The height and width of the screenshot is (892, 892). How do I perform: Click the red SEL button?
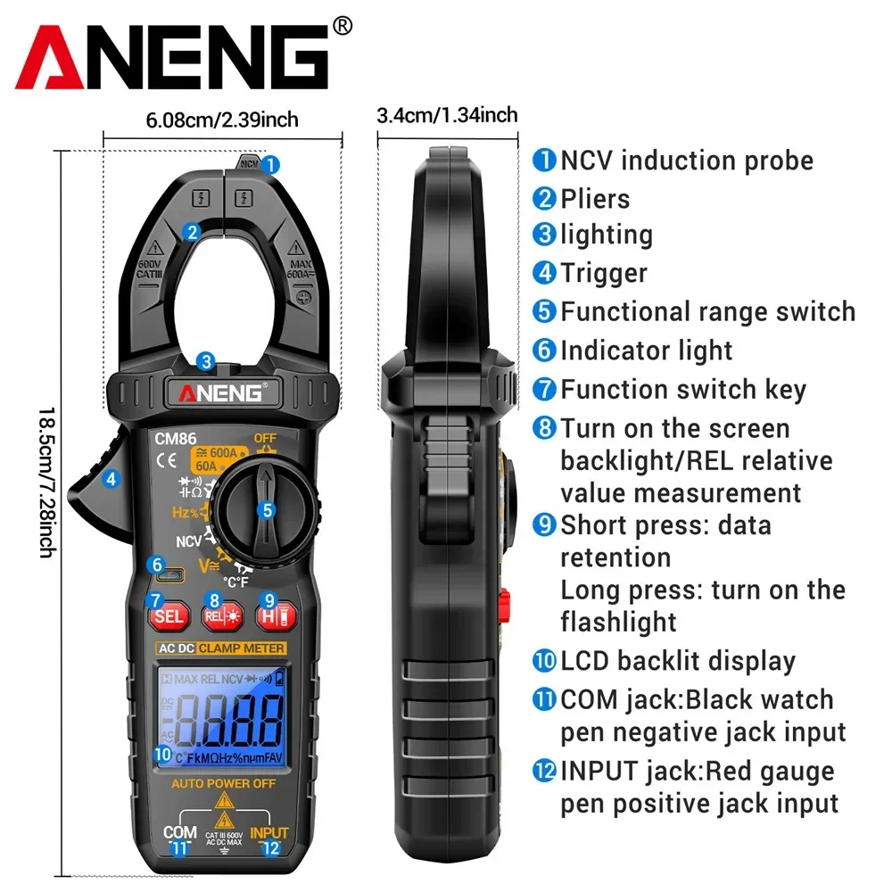point(168,615)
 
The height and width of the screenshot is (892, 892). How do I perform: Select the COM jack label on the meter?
point(180,833)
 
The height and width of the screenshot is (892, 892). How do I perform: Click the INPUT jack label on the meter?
point(269,833)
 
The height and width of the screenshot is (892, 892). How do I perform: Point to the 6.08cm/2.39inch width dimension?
point(222,119)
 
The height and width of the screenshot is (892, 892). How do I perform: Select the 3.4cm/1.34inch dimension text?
point(447,115)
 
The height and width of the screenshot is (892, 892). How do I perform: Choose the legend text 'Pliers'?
point(595,198)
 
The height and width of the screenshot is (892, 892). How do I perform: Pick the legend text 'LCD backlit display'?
point(677,661)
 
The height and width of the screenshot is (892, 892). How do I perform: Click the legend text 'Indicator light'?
point(646,351)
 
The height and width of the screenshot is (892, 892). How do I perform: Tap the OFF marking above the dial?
point(266,438)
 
